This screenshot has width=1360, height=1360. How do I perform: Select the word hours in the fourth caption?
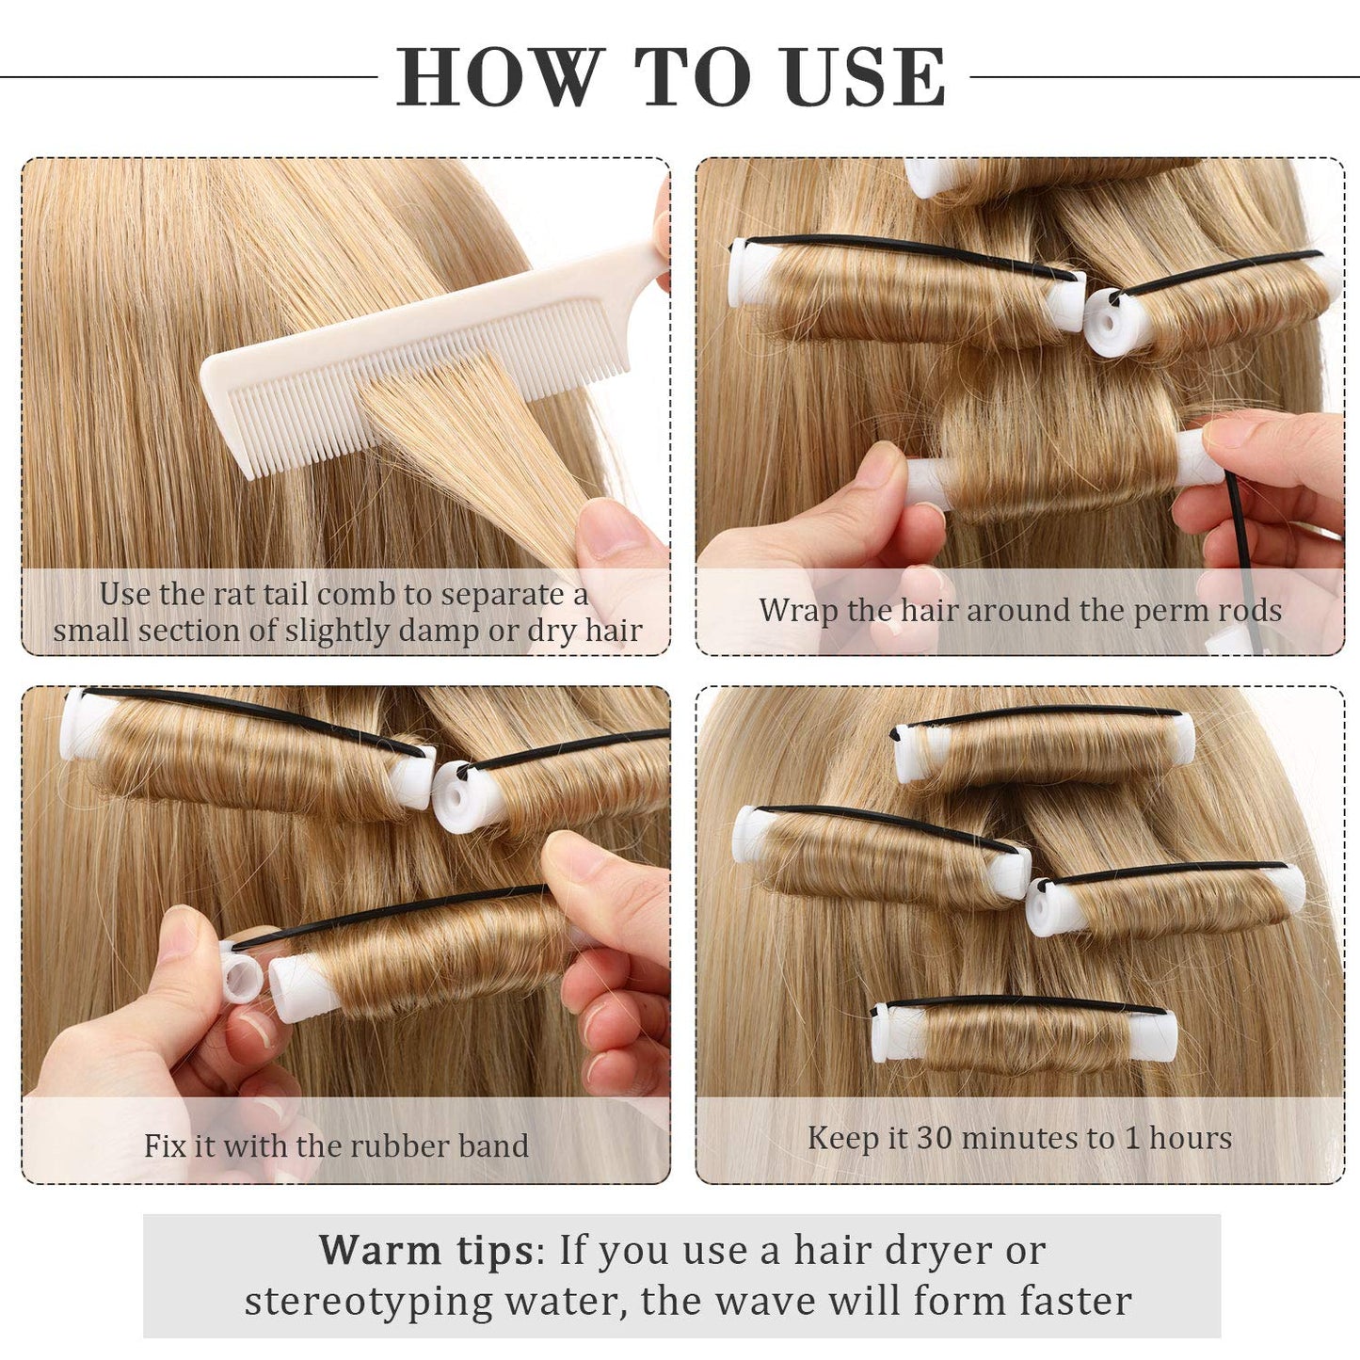pos(1190,1137)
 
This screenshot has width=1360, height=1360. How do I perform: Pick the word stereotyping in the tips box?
pos(368,1302)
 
